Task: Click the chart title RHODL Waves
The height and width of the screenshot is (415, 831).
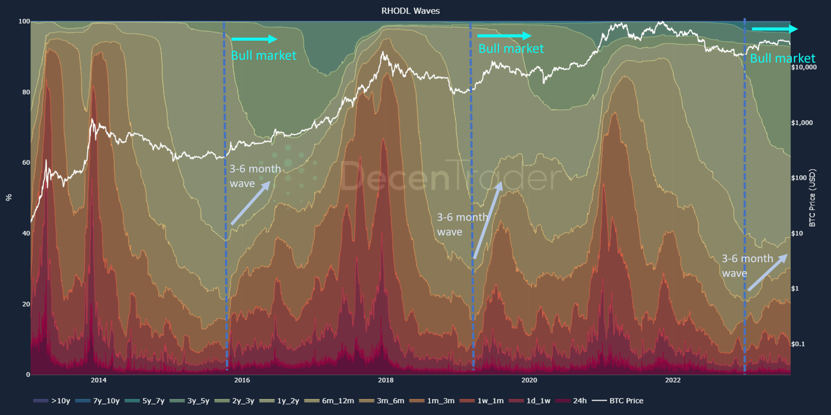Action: click(410, 11)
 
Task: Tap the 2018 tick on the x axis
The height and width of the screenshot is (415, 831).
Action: click(386, 380)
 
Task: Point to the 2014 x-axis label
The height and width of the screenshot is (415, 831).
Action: click(98, 380)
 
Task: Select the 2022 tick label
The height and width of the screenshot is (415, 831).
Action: click(673, 380)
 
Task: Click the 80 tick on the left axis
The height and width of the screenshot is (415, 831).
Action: click(26, 92)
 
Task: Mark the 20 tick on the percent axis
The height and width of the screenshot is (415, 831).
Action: click(26, 304)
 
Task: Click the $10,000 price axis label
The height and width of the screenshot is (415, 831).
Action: click(804, 67)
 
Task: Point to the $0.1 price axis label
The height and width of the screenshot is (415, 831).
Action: click(798, 344)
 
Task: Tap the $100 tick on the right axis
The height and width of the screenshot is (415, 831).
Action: click(799, 178)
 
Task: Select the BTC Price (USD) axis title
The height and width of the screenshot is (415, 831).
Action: click(812, 197)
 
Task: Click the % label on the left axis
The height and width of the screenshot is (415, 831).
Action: click(9, 197)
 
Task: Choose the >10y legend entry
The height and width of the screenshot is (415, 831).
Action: click(52, 401)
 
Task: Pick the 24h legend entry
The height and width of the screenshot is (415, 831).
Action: click(571, 401)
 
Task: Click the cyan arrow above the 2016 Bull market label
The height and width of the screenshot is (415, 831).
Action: click(254, 39)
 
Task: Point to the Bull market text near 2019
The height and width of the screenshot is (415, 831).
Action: click(511, 48)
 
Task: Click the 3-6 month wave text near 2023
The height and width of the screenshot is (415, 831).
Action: click(747, 266)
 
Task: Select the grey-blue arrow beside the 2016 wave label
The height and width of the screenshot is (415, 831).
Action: click(251, 203)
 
